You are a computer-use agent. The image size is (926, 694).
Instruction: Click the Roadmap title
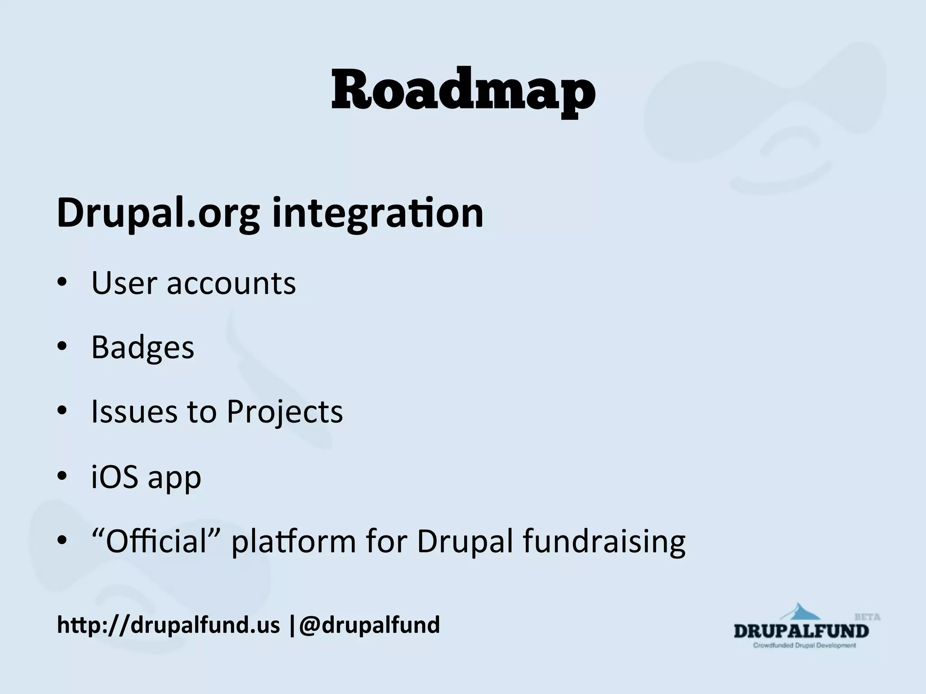[463, 90]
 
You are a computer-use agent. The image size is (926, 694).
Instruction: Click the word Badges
[142, 348]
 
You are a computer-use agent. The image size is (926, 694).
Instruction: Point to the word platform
[294, 542]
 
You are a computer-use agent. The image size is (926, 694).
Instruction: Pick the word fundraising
[604, 542]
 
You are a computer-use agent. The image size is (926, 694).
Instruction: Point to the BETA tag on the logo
[867, 617]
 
